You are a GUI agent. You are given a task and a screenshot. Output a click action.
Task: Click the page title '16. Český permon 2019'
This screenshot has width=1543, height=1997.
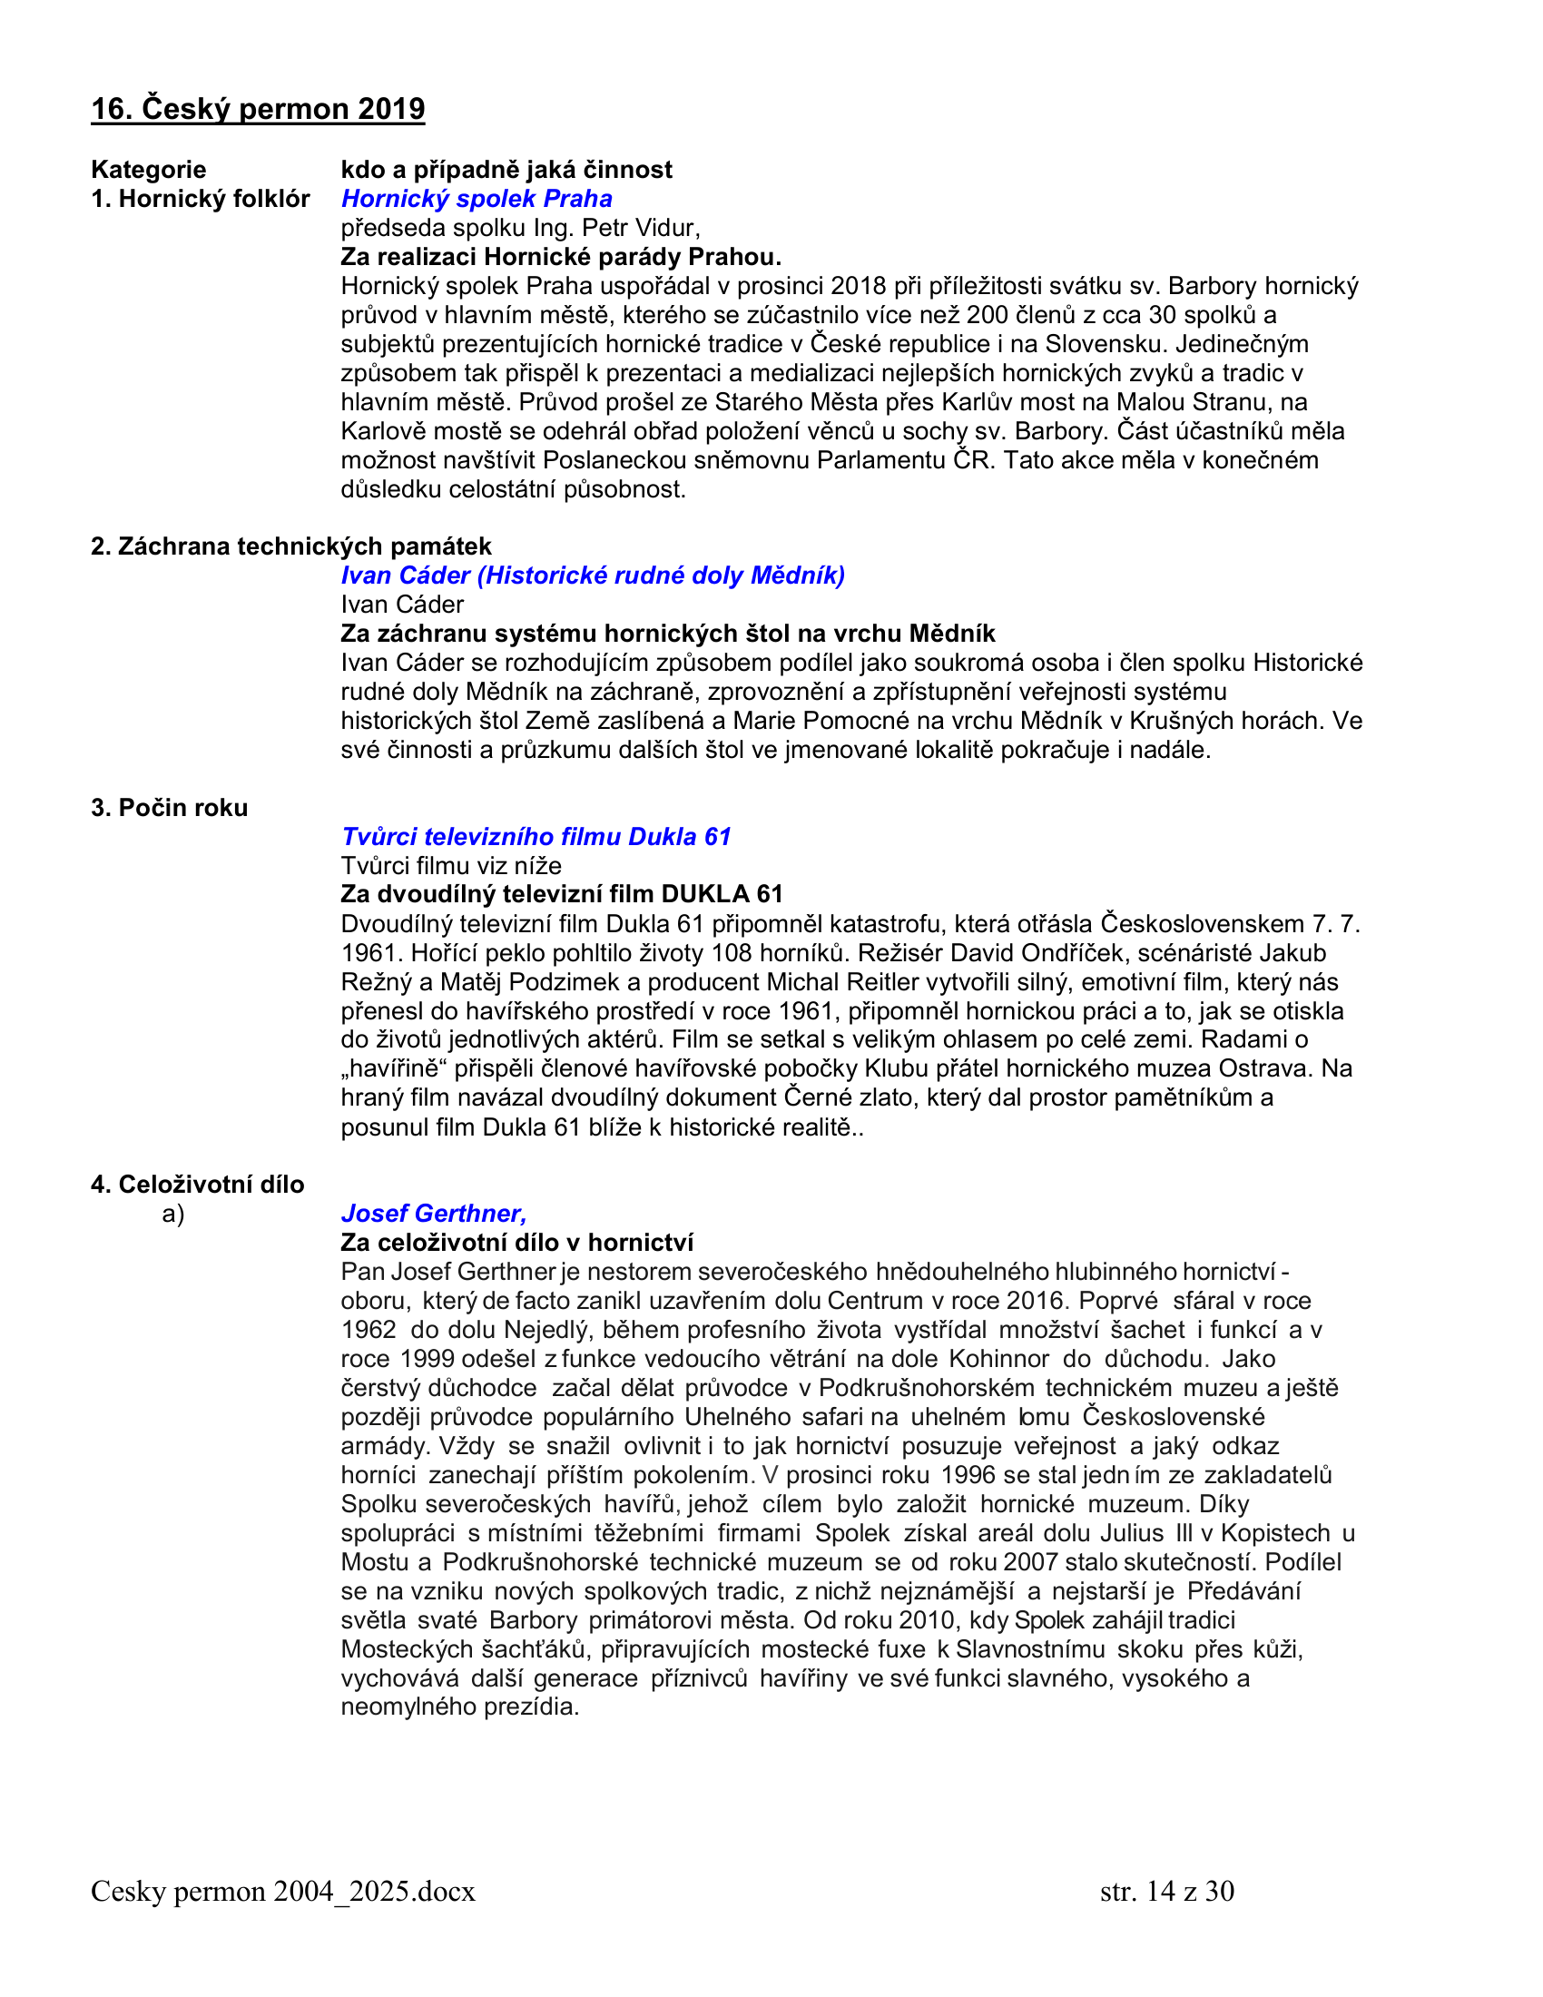tap(258, 109)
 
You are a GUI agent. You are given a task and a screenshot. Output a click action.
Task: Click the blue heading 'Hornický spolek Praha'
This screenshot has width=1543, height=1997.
tap(477, 199)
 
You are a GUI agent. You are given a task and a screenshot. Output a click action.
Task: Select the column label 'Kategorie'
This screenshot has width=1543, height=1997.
tap(148, 169)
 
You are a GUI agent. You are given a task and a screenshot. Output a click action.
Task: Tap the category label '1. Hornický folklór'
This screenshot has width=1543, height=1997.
tap(201, 199)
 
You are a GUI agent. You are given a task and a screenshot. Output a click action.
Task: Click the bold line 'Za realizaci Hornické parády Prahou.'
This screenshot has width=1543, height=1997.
tap(560, 257)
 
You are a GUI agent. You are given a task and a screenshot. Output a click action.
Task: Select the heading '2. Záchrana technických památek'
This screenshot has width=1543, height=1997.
tap(290, 546)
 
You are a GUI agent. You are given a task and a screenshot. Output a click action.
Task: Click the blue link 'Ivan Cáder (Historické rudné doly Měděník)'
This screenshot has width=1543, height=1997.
tap(593, 575)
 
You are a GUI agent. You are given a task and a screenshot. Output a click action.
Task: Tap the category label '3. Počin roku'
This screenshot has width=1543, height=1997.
tap(169, 807)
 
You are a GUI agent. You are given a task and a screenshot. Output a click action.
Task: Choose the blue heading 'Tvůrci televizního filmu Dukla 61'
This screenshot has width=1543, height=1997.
tap(536, 837)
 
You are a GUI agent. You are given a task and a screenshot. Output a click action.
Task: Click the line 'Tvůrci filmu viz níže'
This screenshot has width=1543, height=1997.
tap(451, 866)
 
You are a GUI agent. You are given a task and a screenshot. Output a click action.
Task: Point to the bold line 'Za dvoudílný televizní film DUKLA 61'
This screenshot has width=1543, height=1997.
tap(561, 894)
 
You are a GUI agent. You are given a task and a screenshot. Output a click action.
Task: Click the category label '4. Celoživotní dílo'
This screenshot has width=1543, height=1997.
tap(198, 1184)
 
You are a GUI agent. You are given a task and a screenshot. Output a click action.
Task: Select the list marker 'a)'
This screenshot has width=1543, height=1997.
tap(172, 1214)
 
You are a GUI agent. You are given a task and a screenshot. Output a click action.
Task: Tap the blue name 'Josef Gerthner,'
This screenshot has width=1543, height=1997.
tap(433, 1214)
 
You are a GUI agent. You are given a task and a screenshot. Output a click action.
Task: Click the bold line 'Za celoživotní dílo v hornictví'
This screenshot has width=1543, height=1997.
tap(516, 1243)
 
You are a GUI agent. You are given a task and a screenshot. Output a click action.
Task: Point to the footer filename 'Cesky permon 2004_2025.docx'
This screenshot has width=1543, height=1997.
tap(282, 1891)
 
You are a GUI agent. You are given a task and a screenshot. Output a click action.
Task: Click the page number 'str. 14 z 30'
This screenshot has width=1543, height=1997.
tap(1166, 1891)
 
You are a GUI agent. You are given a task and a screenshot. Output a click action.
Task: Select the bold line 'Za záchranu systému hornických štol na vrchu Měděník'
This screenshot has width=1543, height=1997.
tap(667, 634)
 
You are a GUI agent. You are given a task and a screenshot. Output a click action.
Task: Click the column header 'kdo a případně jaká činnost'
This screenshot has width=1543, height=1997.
tap(506, 169)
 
